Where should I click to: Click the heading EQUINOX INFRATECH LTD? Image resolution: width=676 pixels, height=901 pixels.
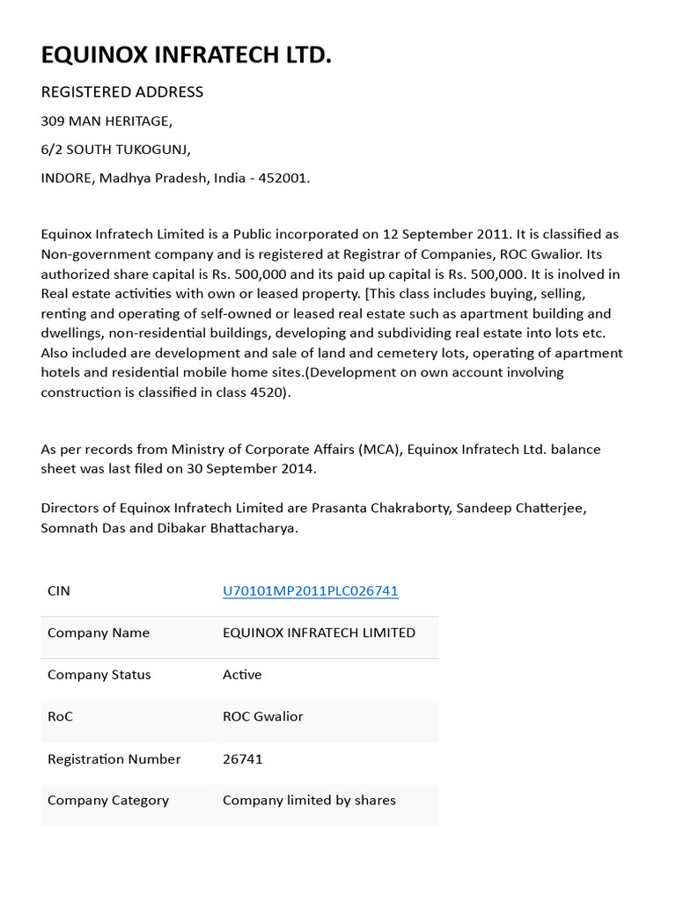tap(187, 55)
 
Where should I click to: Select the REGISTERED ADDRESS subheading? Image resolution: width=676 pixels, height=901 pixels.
tap(122, 92)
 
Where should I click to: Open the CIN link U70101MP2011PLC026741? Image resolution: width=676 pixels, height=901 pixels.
tap(311, 590)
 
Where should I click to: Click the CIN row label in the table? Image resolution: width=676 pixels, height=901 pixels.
tap(59, 590)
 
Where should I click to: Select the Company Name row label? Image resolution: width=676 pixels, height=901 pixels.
tap(99, 633)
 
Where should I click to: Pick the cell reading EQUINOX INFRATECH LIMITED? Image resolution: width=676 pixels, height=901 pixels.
tap(319, 633)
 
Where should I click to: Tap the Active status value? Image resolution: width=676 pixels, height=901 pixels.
tap(242, 675)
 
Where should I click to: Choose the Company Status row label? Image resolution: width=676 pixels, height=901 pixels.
tap(99, 675)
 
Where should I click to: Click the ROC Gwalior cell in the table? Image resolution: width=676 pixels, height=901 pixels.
tap(262, 716)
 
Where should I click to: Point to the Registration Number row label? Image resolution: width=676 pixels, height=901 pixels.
tap(114, 758)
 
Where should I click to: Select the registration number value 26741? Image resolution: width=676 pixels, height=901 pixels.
tap(242, 758)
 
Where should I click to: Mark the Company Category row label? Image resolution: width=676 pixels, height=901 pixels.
tap(108, 800)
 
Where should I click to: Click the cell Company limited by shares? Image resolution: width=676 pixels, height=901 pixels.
tap(309, 800)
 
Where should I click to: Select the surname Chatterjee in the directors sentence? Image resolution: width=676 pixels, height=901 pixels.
tap(547, 509)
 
